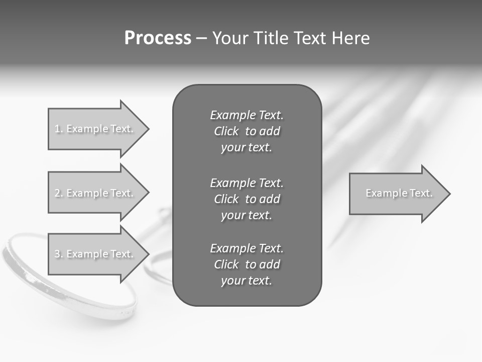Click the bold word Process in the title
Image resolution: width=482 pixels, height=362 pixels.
pos(158,38)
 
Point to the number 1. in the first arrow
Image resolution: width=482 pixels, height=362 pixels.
pos(59,129)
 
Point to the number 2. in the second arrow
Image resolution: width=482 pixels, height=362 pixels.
pos(59,193)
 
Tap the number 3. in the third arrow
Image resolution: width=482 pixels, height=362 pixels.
pos(59,254)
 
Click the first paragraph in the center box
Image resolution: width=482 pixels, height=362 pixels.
pos(247,131)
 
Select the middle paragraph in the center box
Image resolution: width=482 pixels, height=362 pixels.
pos(247,199)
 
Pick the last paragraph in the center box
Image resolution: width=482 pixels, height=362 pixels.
pos(247,264)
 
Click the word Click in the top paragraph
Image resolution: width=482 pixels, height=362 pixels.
pos(226,131)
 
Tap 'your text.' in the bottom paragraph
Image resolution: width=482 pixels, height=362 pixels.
pos(247,281)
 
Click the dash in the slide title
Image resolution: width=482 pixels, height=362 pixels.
pos(201,38)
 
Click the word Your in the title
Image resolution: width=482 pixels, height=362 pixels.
pos(230,38)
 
